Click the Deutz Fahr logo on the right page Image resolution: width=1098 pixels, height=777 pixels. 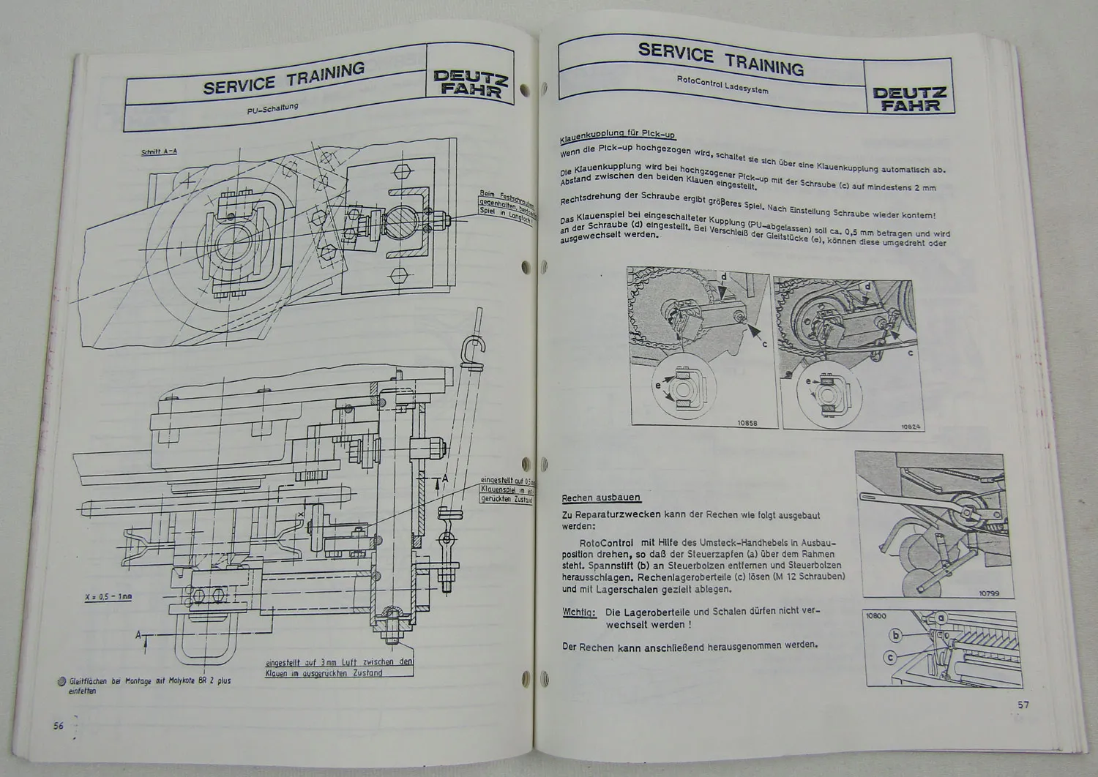[x=909, y=99]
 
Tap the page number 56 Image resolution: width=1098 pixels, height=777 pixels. [x=59, y=725]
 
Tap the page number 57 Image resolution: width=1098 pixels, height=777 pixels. [x=1024, y=705]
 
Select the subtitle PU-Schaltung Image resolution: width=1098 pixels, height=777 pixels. [x=273, y=110]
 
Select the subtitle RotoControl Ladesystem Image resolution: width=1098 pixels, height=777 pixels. [x=722, y=87]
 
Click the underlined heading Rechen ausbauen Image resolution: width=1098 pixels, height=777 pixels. [x=601, y=498]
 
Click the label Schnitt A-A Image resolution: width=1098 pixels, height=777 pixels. [x=159, y=152]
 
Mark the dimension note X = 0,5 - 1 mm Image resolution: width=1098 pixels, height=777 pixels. [x=108, y=597]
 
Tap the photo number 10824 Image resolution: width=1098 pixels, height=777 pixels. [x=911, y=426]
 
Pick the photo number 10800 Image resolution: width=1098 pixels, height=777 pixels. [x=875, y=616]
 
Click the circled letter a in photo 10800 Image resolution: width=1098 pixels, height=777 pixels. [x=942, y=619]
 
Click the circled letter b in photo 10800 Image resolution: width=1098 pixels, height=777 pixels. [x=895, y=635]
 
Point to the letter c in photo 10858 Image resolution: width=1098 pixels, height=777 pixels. [x=765, y=343]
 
